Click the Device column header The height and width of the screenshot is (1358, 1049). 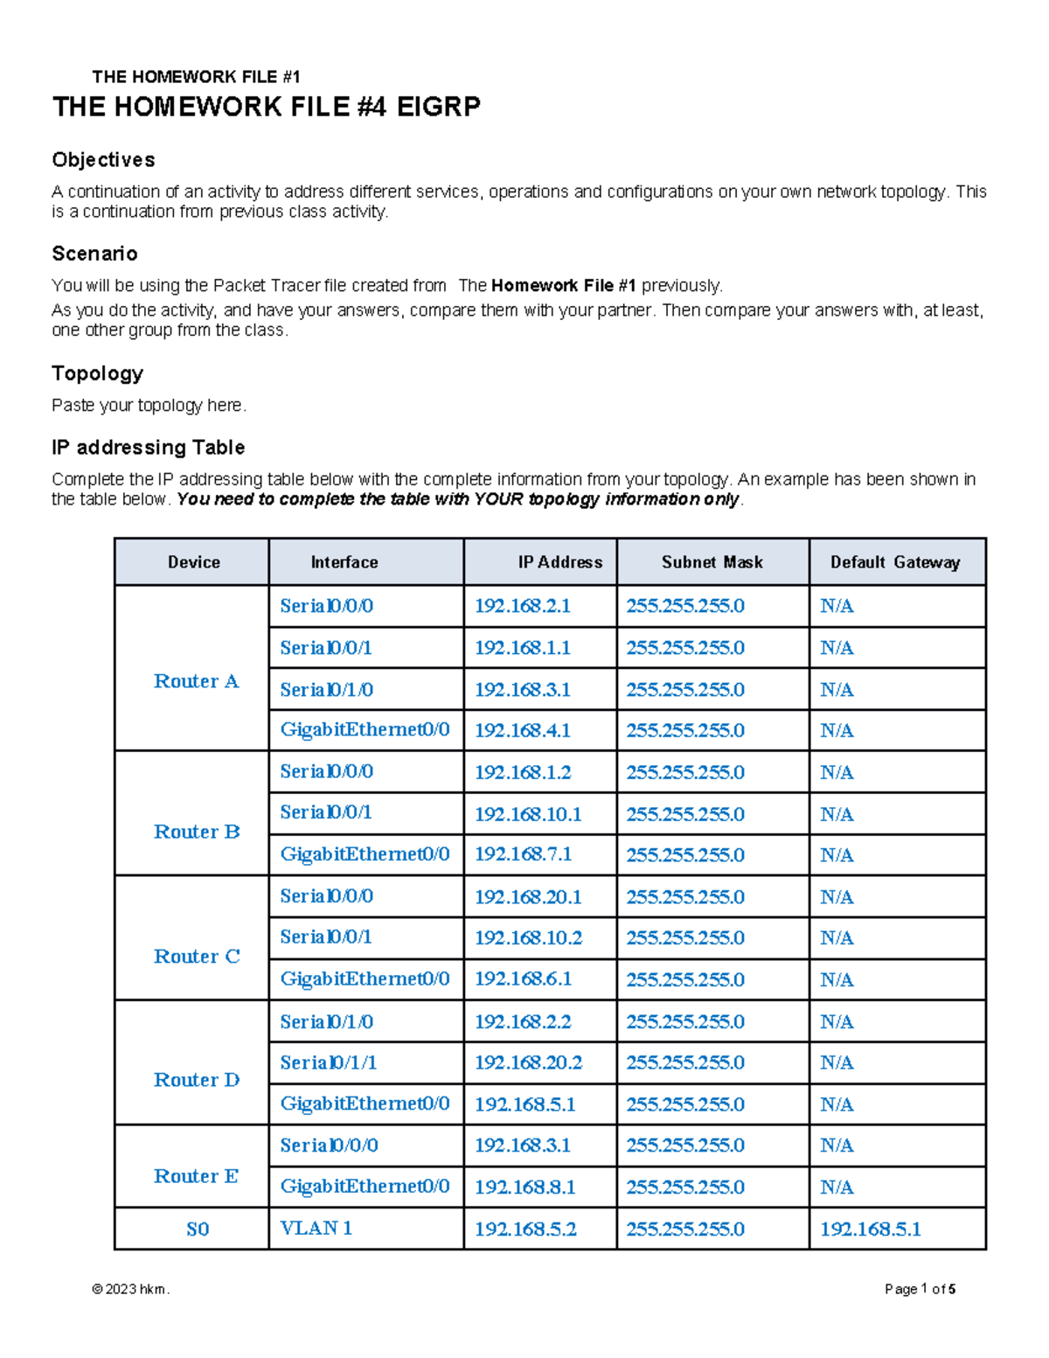pos(193,562)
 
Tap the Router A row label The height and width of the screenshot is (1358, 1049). pos(196,681)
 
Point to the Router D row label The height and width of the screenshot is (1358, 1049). pos(196,1080)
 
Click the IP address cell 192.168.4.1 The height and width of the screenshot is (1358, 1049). pos(523,730)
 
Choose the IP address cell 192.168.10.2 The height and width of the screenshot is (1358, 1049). pos(528,937)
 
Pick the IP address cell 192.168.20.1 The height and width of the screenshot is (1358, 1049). pos(528,897)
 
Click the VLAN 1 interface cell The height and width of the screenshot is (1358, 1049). pos(316,1229)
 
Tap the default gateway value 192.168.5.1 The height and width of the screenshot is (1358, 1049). pos(871,1229)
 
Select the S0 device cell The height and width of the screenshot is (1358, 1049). pos(198,1229)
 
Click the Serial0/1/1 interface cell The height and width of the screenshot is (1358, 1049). pos(328,1062)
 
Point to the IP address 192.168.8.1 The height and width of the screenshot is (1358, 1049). pos(524,1187)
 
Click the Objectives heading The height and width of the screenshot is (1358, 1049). pos(103,160)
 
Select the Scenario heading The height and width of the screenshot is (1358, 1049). pos(94,254)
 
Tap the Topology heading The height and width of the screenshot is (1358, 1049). pos(97,373)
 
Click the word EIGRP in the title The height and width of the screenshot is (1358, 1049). pos(438,107)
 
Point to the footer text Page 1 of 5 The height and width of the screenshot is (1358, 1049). pos(920,1289)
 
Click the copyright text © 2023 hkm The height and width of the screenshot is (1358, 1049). pos(130,1289)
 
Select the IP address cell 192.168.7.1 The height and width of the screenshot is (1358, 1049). pos(523,854)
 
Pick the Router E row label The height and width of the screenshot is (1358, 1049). pos(196,1176)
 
